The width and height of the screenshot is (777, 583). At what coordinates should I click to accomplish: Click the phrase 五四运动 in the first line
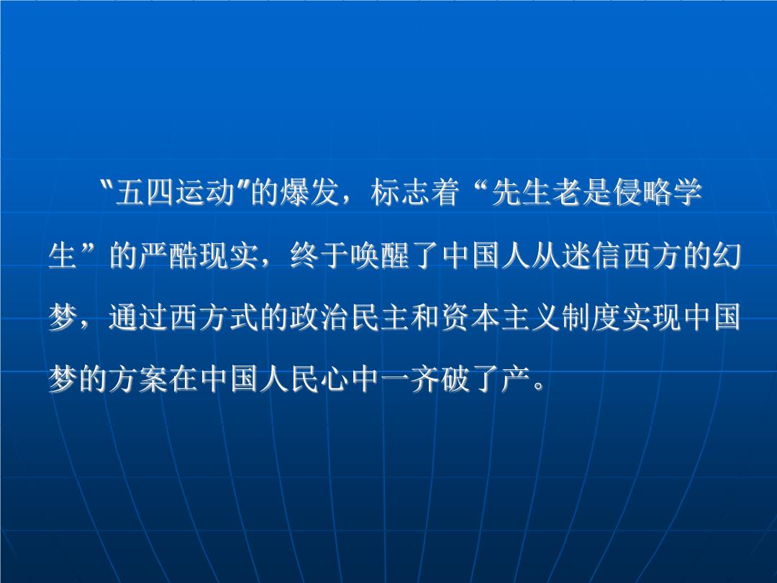(x=174, y=192)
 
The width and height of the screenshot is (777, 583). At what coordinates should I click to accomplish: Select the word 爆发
(x=309, y=192)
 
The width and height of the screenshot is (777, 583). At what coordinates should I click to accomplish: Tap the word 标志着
(x=415, y=192)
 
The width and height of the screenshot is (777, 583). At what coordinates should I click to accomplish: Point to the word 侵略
(x=641, y=192)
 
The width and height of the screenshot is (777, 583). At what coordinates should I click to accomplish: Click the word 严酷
(x=168, y=256)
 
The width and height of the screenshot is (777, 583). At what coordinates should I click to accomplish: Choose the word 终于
(x=319, y=256)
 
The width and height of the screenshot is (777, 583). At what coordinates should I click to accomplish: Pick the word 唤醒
(x=380, y=256)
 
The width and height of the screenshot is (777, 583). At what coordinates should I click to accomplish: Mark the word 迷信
(x=591, y=256)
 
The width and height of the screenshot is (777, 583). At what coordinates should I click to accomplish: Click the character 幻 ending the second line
(x=727, y=256)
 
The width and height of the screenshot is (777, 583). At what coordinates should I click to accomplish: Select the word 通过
(x=138, y=317)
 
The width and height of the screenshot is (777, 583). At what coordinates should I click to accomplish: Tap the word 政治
(x=319, y=317)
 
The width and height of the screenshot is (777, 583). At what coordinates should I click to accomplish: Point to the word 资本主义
(x=500, y=317)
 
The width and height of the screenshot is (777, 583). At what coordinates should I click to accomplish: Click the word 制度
(x=591, y=317)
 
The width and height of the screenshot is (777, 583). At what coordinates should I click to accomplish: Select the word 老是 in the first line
(x=581, y=192)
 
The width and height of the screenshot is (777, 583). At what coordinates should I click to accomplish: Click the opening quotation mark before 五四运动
(x=105, y=185)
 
